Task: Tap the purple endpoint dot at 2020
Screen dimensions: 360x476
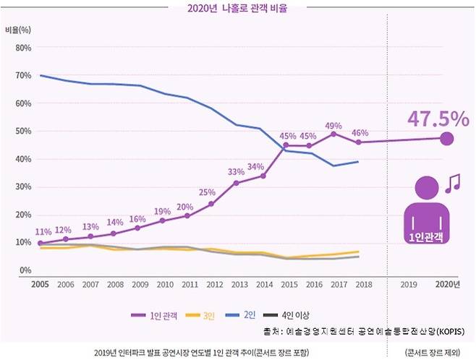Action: pos(447,138)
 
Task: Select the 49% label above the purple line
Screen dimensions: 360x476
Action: pos(333,124)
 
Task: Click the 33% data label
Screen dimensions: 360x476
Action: pos(236,172)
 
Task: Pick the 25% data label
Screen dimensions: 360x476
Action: pos(207,192)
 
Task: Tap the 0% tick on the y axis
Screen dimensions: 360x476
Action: pos(24,270)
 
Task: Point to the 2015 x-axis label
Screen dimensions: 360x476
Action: pos(288,283)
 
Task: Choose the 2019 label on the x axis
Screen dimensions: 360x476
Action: pos(409,283)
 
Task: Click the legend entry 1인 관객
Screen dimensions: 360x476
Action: pos(157,315)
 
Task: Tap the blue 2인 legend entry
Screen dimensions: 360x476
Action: pos(243,315)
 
